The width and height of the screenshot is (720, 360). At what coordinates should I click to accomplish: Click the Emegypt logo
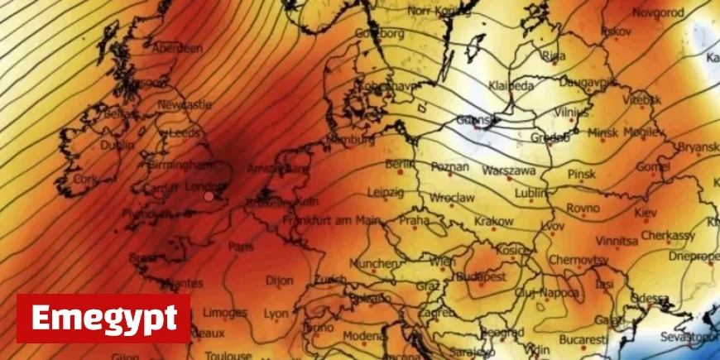click(x=103, y=318)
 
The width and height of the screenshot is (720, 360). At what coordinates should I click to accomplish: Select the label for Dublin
click(x=117, y=145)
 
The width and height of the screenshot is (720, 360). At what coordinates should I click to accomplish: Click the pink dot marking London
click(x=209, y=196)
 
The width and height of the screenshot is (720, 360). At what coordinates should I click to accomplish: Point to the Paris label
click(x=241, y=247)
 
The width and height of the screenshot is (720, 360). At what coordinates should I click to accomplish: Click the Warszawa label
click(x=509, y=171)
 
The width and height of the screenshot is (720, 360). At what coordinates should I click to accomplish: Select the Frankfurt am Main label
click(x=331, y=221)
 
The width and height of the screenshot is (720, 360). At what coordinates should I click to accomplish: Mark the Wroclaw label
click(x=451, y=199)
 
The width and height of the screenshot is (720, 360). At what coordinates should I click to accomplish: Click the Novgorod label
click(x=658, y=13)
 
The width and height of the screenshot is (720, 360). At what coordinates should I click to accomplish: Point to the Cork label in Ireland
click(x=85, y=179)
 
